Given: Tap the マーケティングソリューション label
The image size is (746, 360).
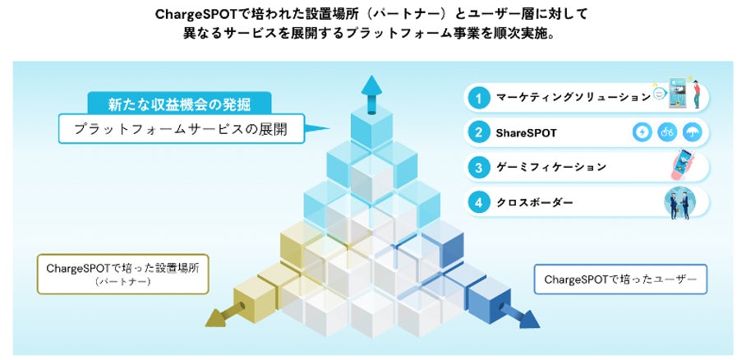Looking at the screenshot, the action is (573, 98).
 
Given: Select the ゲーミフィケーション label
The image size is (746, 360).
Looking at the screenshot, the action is (550, 167).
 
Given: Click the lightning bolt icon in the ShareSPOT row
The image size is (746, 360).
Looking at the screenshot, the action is (642, 132).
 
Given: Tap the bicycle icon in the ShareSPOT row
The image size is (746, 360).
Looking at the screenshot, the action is (667, 132).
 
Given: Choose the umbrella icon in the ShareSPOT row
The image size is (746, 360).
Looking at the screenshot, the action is (693, 132).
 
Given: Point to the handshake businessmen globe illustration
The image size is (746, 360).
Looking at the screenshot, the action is (680, 201).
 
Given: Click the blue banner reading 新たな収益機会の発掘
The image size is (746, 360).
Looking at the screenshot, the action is (179, 104).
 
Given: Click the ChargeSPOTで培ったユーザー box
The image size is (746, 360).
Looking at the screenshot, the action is (620, 280).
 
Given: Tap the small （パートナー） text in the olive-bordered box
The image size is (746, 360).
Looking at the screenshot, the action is (122, 281).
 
